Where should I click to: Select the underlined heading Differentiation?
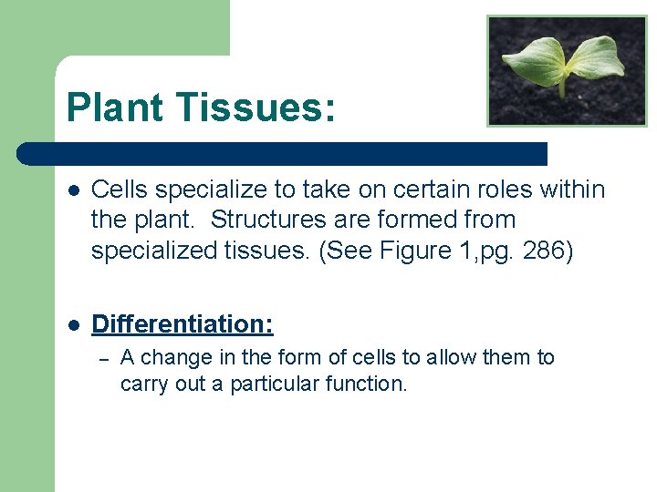point(182,324)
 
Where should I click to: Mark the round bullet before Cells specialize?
point(73,190)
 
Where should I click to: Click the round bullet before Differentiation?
point(73,325)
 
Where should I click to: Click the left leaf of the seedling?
point(534,61)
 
